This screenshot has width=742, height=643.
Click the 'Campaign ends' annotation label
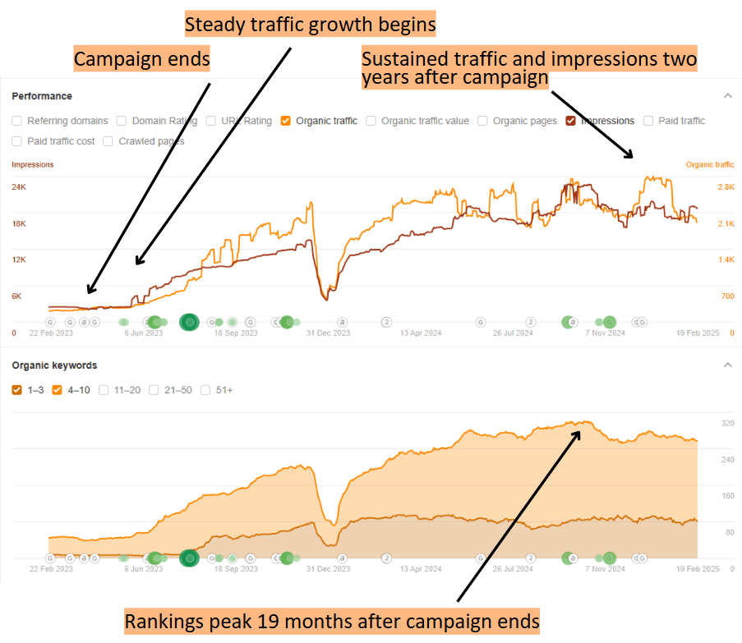(x=142, y=60)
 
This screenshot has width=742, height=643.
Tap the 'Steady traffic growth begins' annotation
(x=310, y=25)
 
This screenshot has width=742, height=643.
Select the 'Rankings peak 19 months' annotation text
(x=332, y=621)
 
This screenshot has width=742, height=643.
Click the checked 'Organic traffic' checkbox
(x=286, y=121)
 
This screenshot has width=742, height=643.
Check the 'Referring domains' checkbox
(x=17, y=121)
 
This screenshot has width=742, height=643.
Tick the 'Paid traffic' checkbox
(x=648, y=121)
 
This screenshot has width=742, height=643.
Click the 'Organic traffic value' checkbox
(x=371, y=121)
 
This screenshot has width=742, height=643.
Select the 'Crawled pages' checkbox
(x=108, y=141)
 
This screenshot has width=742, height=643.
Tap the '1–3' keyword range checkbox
(x=17, y=390)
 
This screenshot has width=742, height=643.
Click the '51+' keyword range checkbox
(x=205, y=390)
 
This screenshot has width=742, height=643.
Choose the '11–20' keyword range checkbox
(x=104, y=390)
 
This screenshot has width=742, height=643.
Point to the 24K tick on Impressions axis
(x=19, y=187)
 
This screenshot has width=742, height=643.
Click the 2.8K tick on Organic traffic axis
(x=726, y=187)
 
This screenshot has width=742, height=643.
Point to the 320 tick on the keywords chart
(x=727, y=424)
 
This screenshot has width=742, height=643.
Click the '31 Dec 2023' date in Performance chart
(x=328, y=333)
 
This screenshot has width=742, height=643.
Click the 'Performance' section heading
(x=42, y=96)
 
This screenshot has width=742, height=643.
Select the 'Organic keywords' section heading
(x=54, y=365)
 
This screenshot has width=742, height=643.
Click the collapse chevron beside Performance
(x=727, y=96)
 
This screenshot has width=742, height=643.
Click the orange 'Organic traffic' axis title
(x=710, y=164)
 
